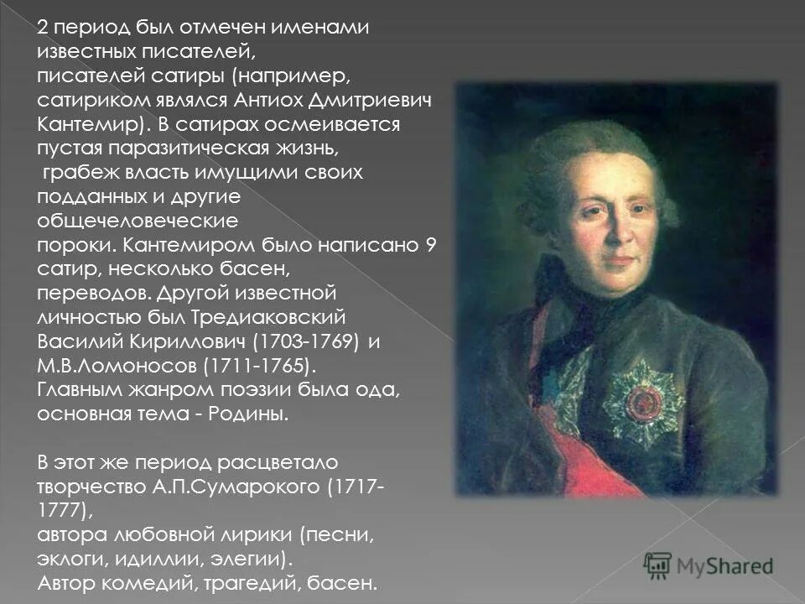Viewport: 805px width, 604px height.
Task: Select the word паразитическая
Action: click(x=189, y=148)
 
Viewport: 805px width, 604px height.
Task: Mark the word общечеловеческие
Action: click(x=138, y=221)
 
